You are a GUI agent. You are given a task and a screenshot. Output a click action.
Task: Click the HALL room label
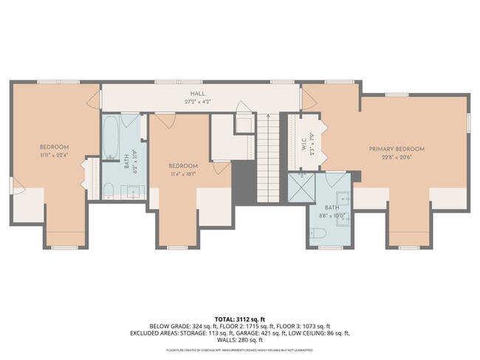coord(197,94)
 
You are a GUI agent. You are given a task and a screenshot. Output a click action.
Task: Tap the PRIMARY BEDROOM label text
coord(397,149)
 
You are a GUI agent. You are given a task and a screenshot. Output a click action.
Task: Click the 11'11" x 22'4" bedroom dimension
coord(55,155)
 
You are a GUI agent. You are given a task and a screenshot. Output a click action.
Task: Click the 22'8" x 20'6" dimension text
coord(397,157)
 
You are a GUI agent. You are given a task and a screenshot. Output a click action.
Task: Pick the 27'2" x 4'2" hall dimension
coord(197,101)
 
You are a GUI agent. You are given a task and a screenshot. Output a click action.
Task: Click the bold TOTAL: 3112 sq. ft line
coord(239,317)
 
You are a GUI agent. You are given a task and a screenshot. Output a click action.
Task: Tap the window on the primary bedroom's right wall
coord(468,122)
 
